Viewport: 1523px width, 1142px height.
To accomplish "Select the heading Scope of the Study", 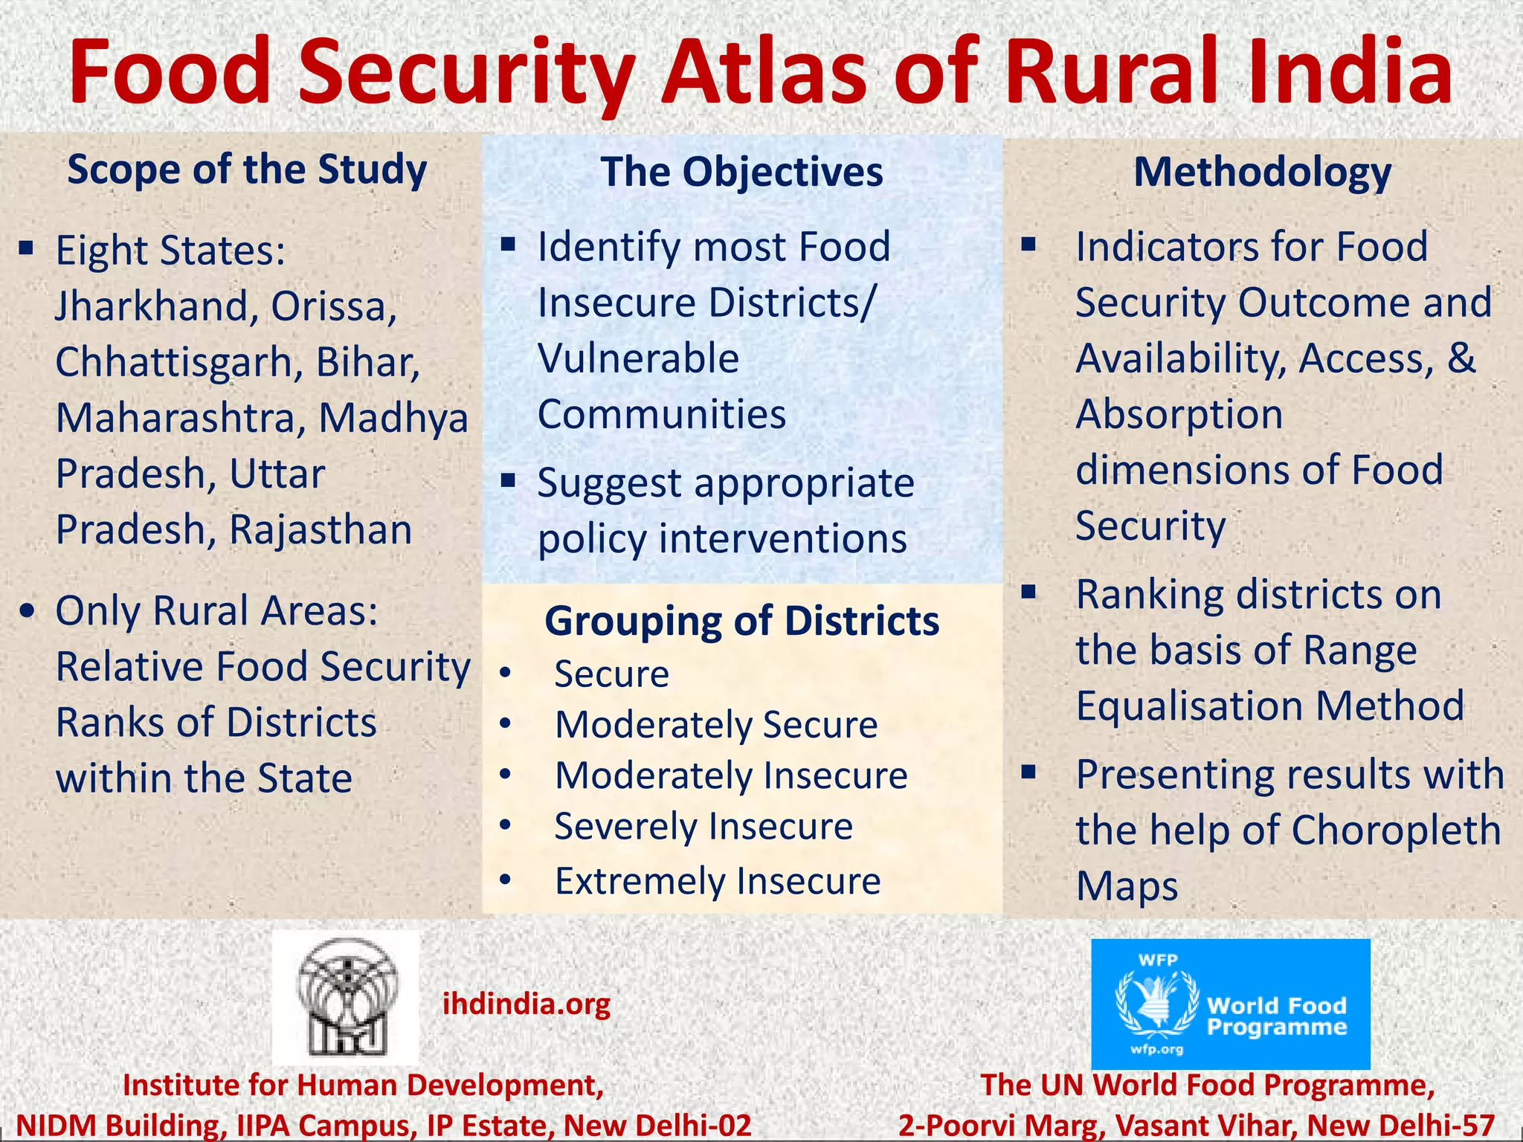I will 247,170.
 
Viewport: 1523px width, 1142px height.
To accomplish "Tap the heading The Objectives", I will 741,172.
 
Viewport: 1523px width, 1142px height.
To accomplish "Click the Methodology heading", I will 1262,172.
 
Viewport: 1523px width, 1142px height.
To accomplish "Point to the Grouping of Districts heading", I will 741,621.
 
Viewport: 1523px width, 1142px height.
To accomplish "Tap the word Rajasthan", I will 321,529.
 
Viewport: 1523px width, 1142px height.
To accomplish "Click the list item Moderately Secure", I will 716,725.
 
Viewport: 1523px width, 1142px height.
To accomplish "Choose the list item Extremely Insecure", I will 718,881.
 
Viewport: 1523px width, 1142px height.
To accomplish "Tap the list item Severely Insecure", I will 703,827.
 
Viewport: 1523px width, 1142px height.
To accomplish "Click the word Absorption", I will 1179,414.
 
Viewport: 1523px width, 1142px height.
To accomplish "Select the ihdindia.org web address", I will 527,1004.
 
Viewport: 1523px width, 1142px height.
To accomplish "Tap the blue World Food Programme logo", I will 1230,1004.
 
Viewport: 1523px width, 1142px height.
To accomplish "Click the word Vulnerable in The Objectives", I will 638,358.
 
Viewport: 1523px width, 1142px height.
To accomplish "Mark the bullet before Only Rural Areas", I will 28,611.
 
